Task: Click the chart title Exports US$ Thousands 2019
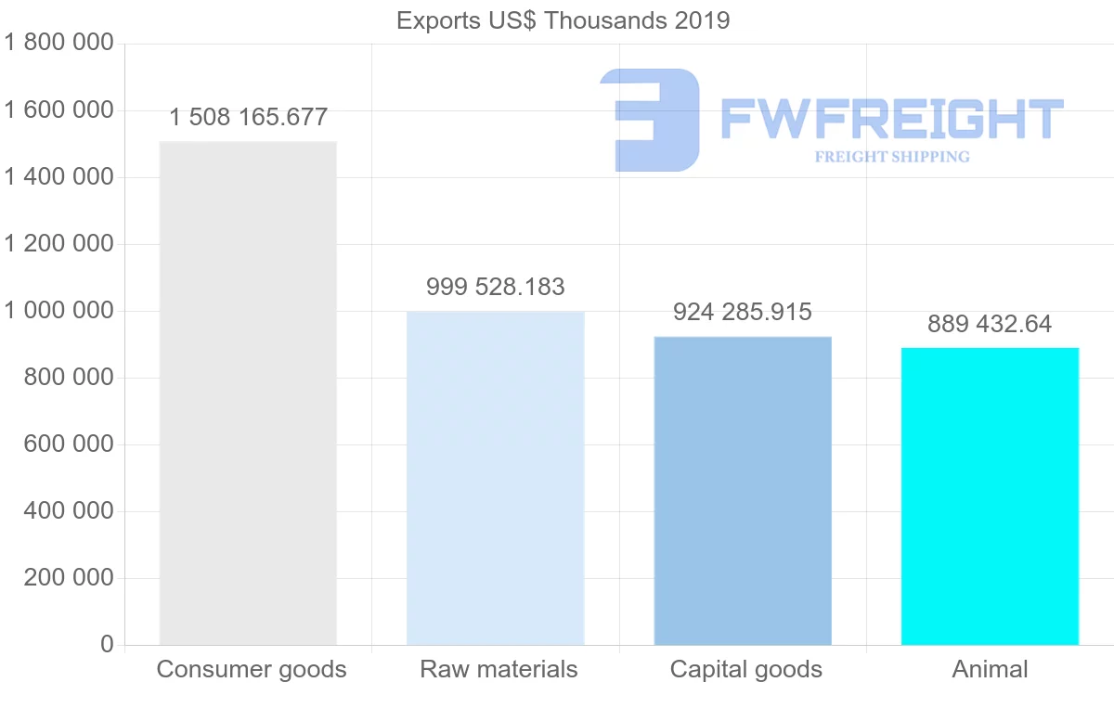coord(563,20)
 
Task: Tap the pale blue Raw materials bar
coord(496,478)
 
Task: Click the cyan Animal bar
coord(990,496)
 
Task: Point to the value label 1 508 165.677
coord(248,118)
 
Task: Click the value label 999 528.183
coord(496,288)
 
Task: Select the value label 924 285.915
coord(743,312)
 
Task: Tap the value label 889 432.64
coord(990,324)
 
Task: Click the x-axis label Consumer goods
coord(252,669)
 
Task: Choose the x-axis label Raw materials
coord(499,669)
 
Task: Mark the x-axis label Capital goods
coord(746,669)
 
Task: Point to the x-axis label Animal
coord(990,669)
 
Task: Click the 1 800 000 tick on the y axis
coord(58,43)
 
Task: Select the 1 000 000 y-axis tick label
coord(58,310)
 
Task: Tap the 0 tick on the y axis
coord(107,644)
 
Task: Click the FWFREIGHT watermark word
coord(891,120)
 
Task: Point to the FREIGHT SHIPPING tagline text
coord(891,157)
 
